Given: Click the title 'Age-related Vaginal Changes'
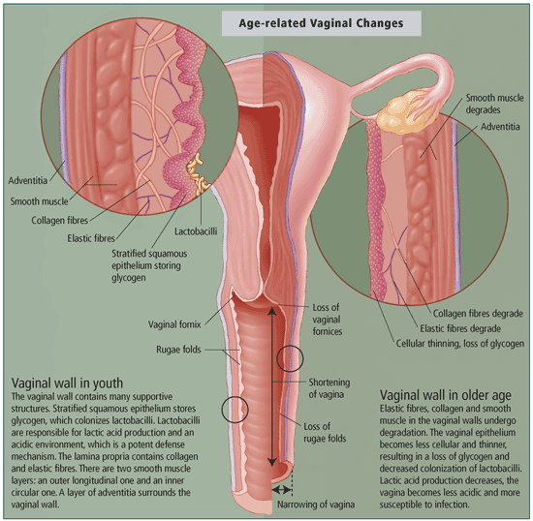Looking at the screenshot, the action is [321, 23].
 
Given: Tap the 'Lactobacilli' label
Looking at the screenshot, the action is [196, 231].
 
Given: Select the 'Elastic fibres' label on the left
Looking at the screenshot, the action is [91, 238].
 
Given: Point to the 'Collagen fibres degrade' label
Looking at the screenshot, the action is [478, 314].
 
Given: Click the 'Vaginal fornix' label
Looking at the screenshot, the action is [174, 324].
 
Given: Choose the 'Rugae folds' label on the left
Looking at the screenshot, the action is [178, 350].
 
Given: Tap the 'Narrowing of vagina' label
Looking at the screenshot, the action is [316, 505].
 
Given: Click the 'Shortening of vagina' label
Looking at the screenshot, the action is [329, 388].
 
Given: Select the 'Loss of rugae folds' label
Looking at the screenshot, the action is [325, 432].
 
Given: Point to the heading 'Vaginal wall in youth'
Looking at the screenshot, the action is [67, 383].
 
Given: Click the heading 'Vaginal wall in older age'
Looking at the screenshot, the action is [446, 395].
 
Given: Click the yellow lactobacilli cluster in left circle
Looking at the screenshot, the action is [198, 173].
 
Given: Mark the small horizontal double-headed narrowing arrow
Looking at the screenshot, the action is [282, 490].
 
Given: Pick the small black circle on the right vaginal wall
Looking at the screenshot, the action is [290, 358].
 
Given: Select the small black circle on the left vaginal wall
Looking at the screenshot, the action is [235, 410].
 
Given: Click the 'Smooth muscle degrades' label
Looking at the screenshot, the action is [494, 104].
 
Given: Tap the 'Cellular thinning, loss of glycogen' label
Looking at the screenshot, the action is [460, 344].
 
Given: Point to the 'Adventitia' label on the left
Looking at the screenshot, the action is [27, 180].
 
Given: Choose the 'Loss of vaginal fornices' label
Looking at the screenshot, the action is [328, 320].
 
